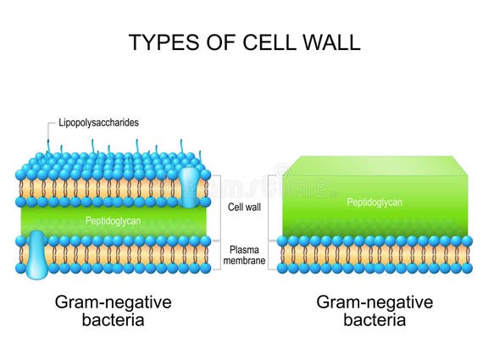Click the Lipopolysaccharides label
(98, 123)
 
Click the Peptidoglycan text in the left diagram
(114, 221)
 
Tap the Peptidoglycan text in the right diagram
(374, 202)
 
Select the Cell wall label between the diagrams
(245, 207)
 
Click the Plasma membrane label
(245, 254)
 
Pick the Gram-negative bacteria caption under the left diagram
(113, 311)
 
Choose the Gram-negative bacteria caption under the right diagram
(374, 311)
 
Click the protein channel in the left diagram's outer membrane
(190, 186)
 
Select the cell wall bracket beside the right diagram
(270, 207)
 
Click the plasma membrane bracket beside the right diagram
(270, 254)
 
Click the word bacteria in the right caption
(374, 320)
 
